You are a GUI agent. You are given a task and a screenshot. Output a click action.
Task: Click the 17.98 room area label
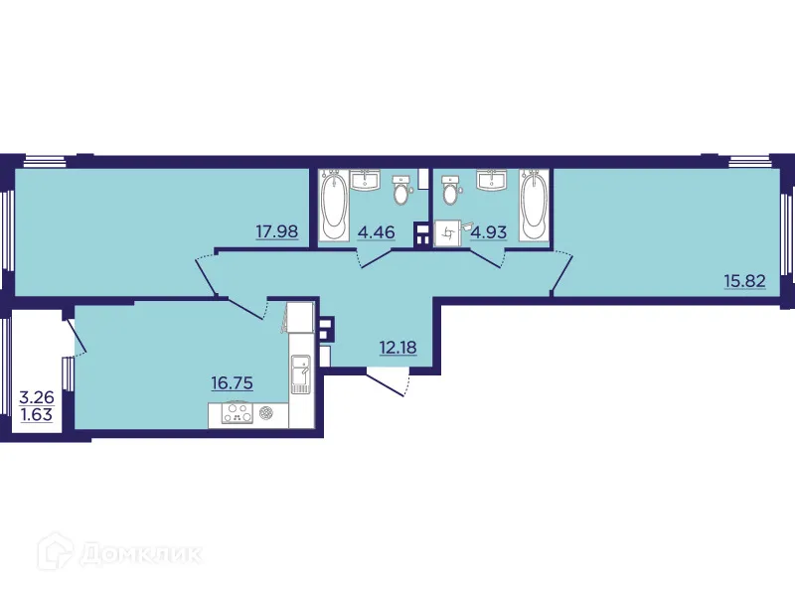tap(275, 233)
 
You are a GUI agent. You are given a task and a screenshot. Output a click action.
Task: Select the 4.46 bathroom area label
tap(376, 233)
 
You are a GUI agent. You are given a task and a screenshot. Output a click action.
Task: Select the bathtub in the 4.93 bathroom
tap(534, 205)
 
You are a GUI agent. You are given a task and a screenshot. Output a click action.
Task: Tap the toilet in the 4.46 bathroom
tap(401, 190)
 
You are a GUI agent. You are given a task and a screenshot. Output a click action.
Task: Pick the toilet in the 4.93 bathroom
tap(452, 190)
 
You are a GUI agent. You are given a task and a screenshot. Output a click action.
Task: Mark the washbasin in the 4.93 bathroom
tap(489, 180)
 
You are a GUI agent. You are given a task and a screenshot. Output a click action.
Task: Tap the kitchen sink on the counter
tap(301, 375)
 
